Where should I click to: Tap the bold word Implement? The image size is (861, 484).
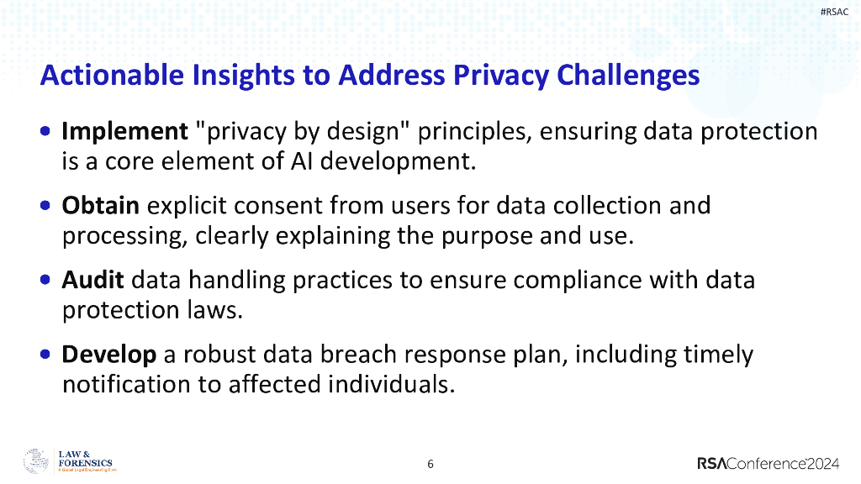pos(124,132)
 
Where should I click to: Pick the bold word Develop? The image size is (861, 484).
pos(109,354)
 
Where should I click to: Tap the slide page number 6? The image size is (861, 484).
pos(430,464)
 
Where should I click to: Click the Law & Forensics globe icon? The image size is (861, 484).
pos(36,461)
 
